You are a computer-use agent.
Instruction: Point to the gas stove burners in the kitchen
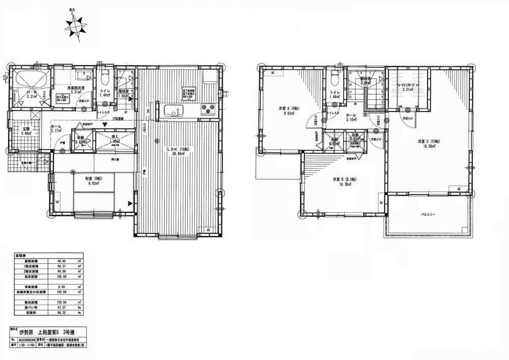(208, 108)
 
